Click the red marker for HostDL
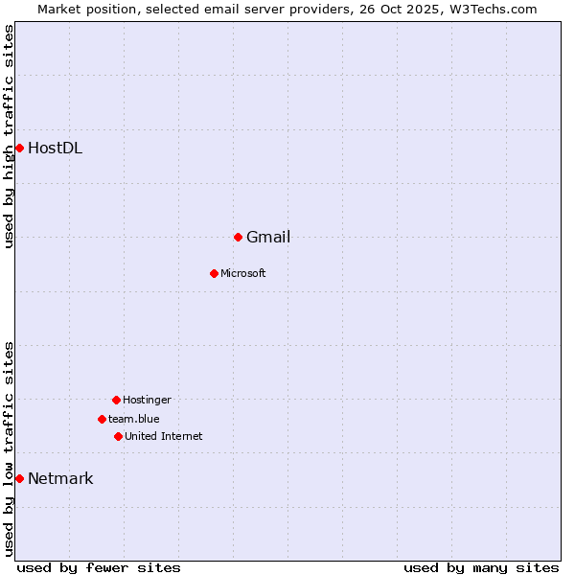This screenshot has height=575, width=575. click(19, 148)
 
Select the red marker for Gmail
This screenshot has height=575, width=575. click(238, 237)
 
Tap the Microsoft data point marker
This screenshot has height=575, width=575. click(214, 273)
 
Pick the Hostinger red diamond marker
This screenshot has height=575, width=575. click(116, 400)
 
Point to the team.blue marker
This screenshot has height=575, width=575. click(102, 419)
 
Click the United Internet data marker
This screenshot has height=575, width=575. click(118, 436)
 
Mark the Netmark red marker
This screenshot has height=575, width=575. click(19, 478)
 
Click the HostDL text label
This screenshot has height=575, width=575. click(55, 148)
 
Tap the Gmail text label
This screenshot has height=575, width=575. click(268, 238)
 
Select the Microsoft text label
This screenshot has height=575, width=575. click(243, 274)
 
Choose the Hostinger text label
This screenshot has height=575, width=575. click(147, 401)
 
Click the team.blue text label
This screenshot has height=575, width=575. click(134, 420)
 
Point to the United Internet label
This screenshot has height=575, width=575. click(164, 437)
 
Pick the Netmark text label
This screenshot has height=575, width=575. click(60, 479)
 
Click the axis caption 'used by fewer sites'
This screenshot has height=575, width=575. click(99, 567)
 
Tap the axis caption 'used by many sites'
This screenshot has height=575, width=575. click(481, 567)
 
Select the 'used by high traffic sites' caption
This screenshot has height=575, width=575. click(10, 136)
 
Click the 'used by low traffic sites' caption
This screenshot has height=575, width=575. click(10, 448)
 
